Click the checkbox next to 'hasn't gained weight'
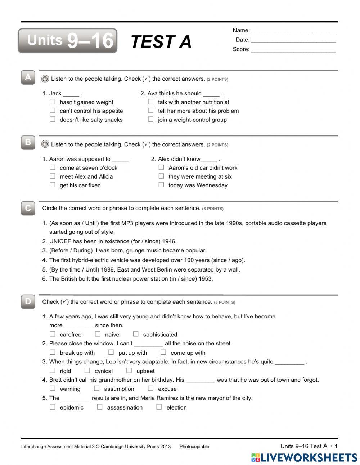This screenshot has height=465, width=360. pos(53,102)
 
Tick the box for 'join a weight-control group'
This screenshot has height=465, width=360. pos(151,119)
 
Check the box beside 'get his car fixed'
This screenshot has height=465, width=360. pos(53,185)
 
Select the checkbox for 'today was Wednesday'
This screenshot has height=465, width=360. pos(161,185)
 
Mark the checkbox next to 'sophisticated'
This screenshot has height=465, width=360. pos(136,334)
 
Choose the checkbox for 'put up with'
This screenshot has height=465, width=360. pos(111,352)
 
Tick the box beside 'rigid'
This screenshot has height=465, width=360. pos(53,371)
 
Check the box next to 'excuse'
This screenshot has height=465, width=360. pos(150,389)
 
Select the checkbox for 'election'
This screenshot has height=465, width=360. pos(159,407)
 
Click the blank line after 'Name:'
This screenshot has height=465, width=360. pos(293,31)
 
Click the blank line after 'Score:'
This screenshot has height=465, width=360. pos(293,50)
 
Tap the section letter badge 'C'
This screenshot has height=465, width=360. pos(28,208)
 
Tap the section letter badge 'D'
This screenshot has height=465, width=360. pos(28,301)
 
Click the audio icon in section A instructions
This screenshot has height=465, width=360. pos(45,79)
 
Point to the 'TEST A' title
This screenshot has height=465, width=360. pos(161,41)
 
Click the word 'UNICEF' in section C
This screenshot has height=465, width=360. pos(60,241)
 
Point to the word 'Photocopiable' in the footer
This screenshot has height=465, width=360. pos(194,447)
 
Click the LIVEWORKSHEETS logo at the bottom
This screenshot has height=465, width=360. pos(304,457)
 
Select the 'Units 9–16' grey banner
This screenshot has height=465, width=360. pos(68,41)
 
